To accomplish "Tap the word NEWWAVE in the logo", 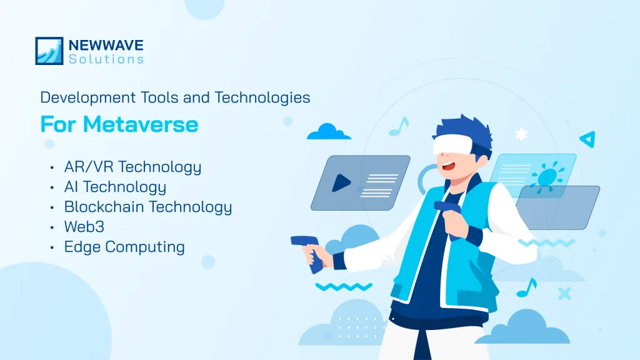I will (x=106, y=45).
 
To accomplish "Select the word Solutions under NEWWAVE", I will (x=106, y=59).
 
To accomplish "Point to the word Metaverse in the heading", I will (x=141, y=124).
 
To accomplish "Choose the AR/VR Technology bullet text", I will (x=132, y=167).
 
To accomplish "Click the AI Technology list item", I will (x=115, y=187).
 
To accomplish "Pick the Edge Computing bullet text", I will (x=124, y=246).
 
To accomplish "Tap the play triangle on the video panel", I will (x=341, y=182).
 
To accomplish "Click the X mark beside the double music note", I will (x=564, y=292).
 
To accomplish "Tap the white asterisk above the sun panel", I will (x=521, y=134).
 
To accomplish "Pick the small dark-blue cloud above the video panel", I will (x=329, y=132).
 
